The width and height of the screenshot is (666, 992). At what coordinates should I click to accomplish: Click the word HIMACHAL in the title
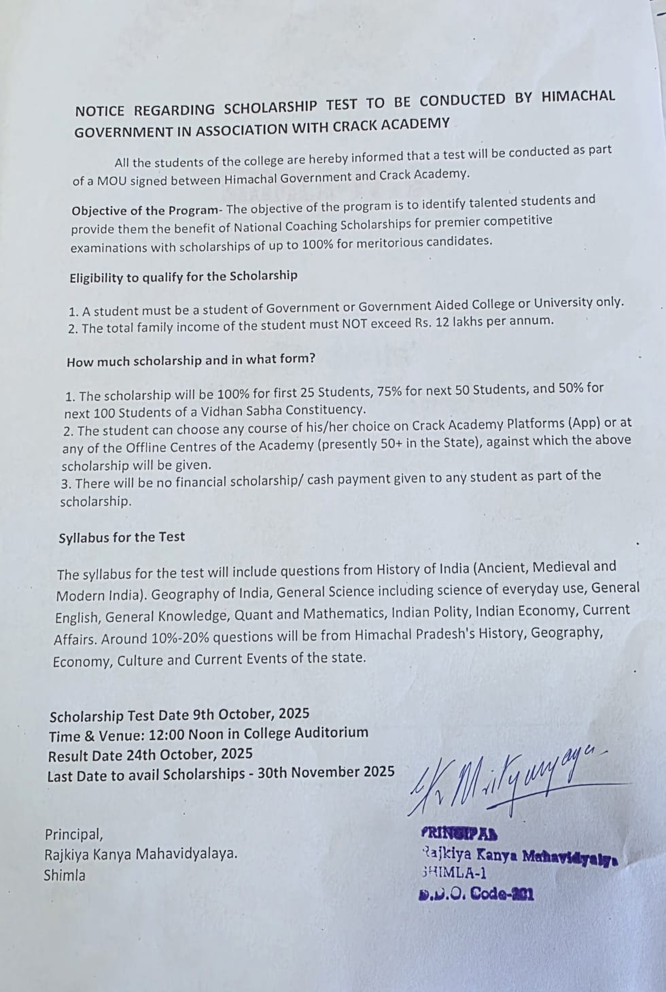coord(578,97)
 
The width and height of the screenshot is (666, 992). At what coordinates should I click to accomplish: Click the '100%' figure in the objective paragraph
coord(317,244)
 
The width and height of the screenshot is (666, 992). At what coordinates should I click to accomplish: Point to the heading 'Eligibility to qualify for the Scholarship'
coord(183,277)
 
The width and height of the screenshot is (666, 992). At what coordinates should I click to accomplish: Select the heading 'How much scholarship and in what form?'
coord(191,360)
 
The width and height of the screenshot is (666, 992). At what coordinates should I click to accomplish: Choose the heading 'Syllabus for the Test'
coord(122,537)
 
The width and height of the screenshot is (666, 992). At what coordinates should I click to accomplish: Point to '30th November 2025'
coord(326,772)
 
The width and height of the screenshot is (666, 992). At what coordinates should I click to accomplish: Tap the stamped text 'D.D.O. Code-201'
coord(476,894)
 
